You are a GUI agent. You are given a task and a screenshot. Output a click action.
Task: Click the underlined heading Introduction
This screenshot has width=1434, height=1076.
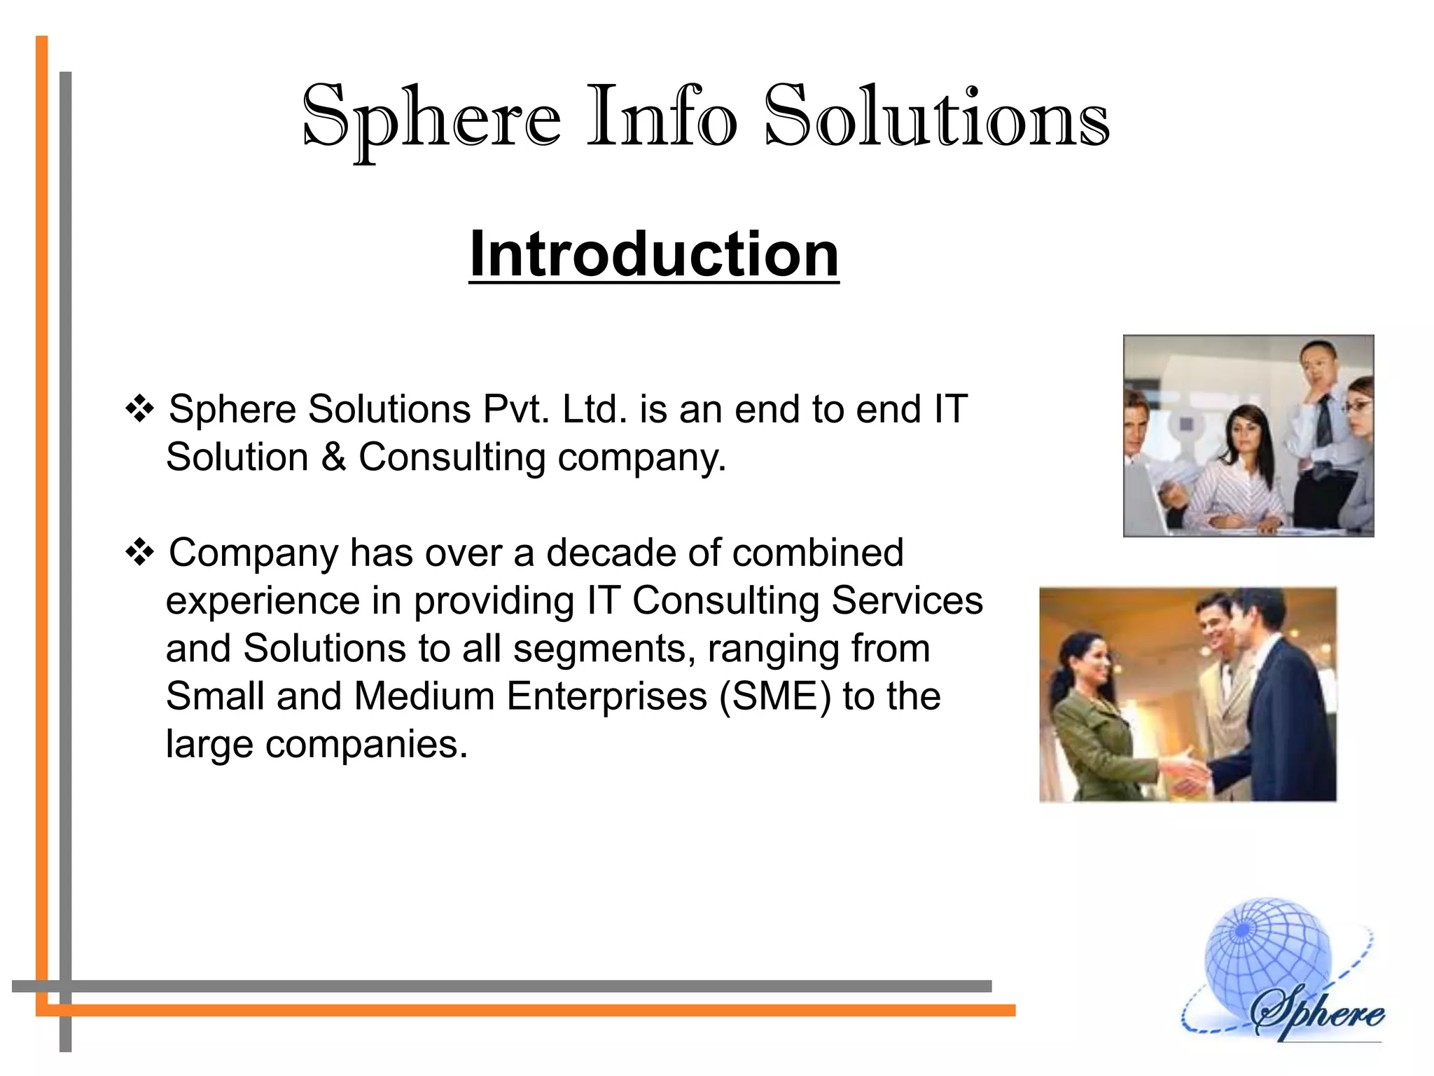pyautogui.click(x=654, y=254)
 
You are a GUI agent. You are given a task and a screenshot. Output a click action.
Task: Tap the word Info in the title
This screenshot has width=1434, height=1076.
pyautogui.click(x=661, y=117)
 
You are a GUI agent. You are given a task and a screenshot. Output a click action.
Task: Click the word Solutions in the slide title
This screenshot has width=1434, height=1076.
pyautogui.click(x=936, y=117)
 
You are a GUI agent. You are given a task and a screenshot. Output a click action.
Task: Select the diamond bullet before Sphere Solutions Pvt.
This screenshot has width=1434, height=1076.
pyautogui.click(x=139, y=408)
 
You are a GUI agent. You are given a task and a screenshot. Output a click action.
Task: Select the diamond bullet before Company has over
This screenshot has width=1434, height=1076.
pyautogui.click(x=139, y=553)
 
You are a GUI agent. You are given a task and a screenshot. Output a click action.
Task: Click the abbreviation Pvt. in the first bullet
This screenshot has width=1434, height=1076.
pyautogui.click(x=516, y=409)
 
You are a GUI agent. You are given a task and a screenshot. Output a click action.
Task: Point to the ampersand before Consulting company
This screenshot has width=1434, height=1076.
pyautogui.click(x=334, y=457)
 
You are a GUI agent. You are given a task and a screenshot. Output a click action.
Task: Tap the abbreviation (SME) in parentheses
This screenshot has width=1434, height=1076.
pyautogui.click(x=775, y=697)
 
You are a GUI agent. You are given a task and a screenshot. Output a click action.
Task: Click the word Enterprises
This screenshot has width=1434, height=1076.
pyautogui.click(x=606, y=697)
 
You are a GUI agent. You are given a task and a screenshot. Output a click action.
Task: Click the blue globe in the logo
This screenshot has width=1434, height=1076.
pyautogui.click(x=1260, y=960)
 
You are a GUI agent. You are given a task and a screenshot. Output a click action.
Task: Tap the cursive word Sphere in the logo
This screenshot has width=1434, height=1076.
pyautogui.click(x=1316, y=1012)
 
